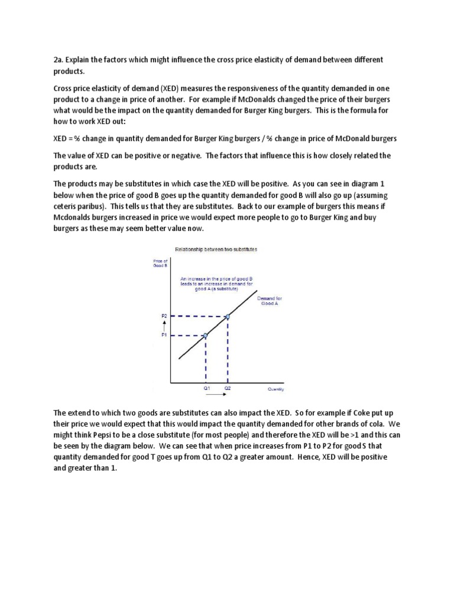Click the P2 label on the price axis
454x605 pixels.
coord(164,316)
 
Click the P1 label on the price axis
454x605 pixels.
coord(164,335)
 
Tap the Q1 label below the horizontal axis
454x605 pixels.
coord(206,389)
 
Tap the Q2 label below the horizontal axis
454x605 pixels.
coord(228,389)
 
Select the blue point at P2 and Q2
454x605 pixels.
coord(228,317)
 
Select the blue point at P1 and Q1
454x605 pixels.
coord(205,335)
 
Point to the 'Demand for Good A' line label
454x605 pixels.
coord(270,301)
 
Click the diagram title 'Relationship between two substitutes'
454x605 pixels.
coord(212,249)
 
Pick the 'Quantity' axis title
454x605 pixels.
coord(275,389)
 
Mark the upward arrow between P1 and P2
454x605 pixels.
coord(164,326)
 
